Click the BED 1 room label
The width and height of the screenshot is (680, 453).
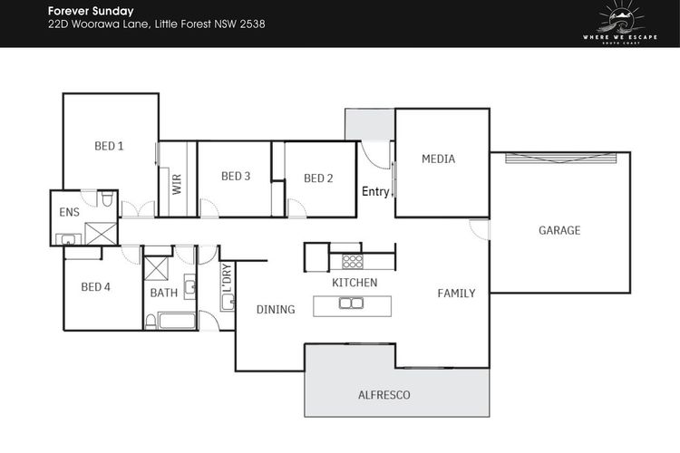[109, 146]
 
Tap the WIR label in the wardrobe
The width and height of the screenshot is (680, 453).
[177, 184]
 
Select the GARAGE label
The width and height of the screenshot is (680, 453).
[559, 230]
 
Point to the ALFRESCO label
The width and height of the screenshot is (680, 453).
[384, 395]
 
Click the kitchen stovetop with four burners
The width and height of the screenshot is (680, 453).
[353, 262]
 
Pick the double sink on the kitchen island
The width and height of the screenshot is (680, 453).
[351, 303]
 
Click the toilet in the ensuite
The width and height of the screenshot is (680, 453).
[107, 199]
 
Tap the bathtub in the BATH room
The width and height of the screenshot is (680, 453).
[177, 321]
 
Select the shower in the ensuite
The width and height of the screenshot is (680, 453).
[101, 234]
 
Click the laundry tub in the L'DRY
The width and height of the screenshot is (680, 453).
[228, 302]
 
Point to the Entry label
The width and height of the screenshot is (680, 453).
[375, 191]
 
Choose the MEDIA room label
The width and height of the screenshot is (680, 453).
[439, 159]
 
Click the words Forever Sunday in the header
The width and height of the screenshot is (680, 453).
[91, 11]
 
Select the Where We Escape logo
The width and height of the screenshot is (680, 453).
[620, 23]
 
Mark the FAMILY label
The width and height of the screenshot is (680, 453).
[456, 294]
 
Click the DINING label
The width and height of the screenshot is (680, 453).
[276, 310]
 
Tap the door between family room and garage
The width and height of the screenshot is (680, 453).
[480, 230]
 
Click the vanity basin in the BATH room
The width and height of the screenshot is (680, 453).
[190, 286]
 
